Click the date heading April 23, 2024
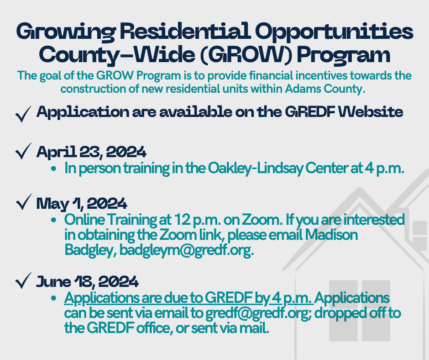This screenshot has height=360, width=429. [x=91, y=152]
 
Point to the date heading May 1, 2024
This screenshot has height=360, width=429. [x=82, y=204]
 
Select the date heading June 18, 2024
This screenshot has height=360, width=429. [x=87, y=282]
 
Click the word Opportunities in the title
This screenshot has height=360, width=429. [x=335, y=32]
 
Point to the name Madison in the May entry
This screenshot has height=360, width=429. [x=331, y=235]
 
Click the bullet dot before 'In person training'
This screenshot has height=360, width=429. [x=54, y=169]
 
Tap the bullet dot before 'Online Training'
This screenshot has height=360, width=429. [x=54, y=220]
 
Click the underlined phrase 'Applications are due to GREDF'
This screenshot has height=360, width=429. [x=158, y=298]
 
